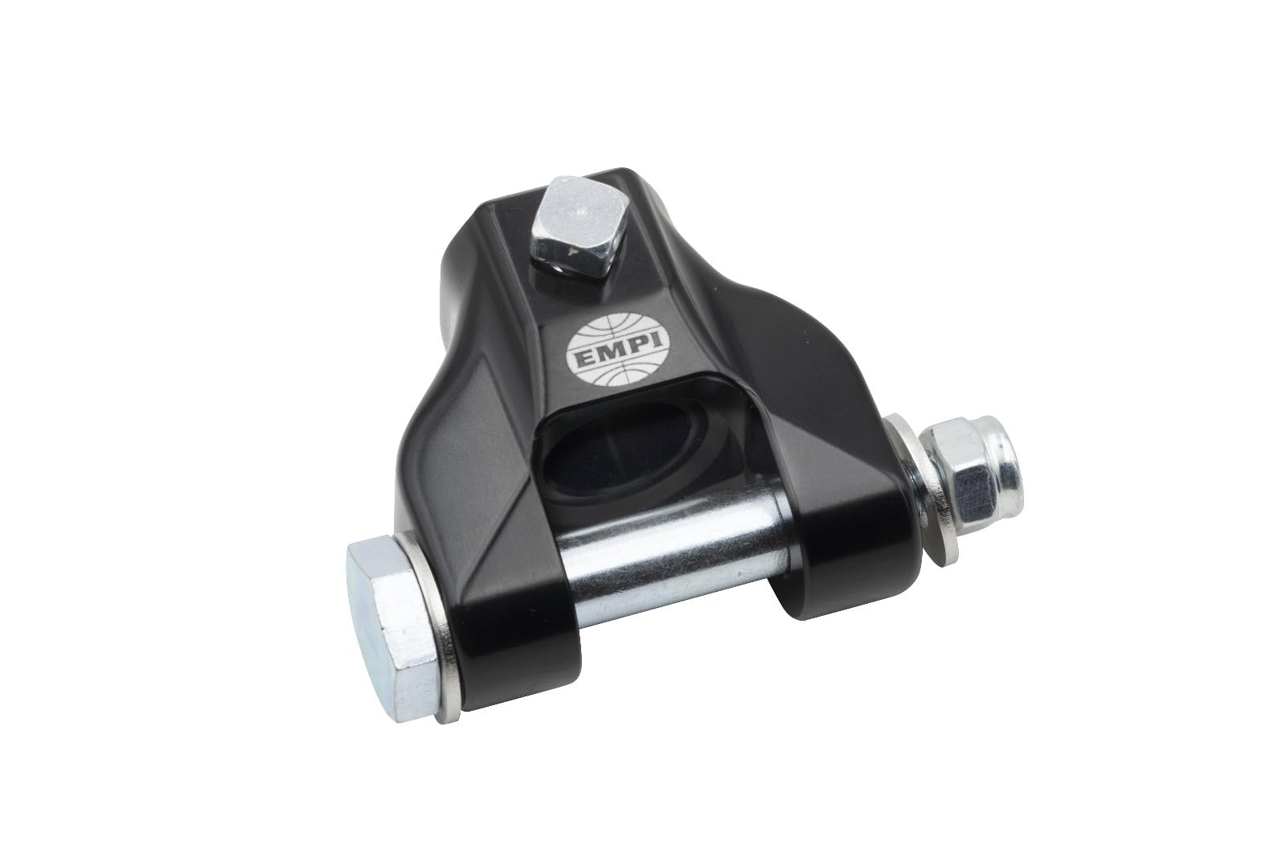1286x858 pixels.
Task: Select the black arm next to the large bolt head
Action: pyautogui.click(x=482, y=595)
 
